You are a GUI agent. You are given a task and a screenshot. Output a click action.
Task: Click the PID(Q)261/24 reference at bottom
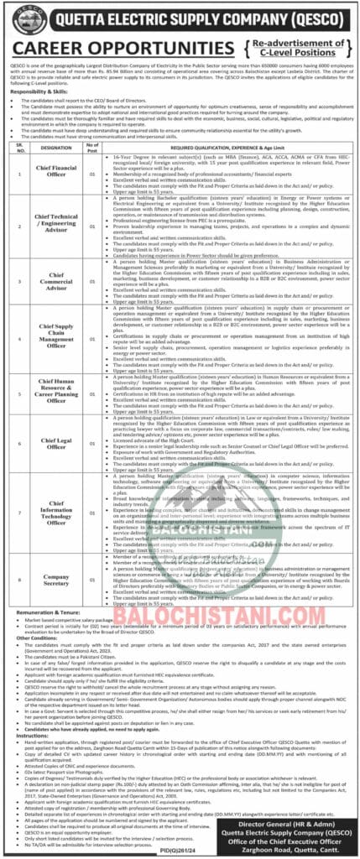point(180,853)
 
